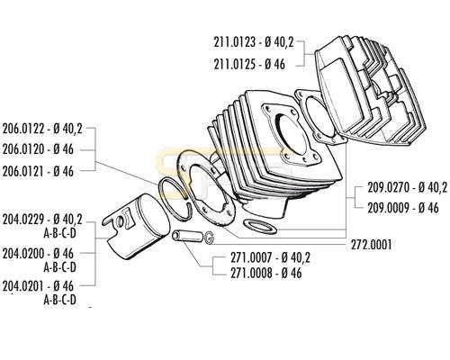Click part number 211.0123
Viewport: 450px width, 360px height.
coord(235,42)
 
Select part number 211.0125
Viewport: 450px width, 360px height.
coord(235,64)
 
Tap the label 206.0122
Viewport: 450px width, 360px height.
coord(23,130)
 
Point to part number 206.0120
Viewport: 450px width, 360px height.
coord(23,149)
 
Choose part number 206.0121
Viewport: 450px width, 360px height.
coord(23,171)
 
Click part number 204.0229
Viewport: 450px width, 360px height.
coord(23,220)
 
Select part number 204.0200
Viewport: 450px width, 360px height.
coord(23,254)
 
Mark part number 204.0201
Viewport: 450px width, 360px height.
coord(23,286)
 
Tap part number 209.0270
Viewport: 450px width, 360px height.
coord(389,188)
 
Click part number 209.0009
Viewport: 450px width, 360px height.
coord(389,208)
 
